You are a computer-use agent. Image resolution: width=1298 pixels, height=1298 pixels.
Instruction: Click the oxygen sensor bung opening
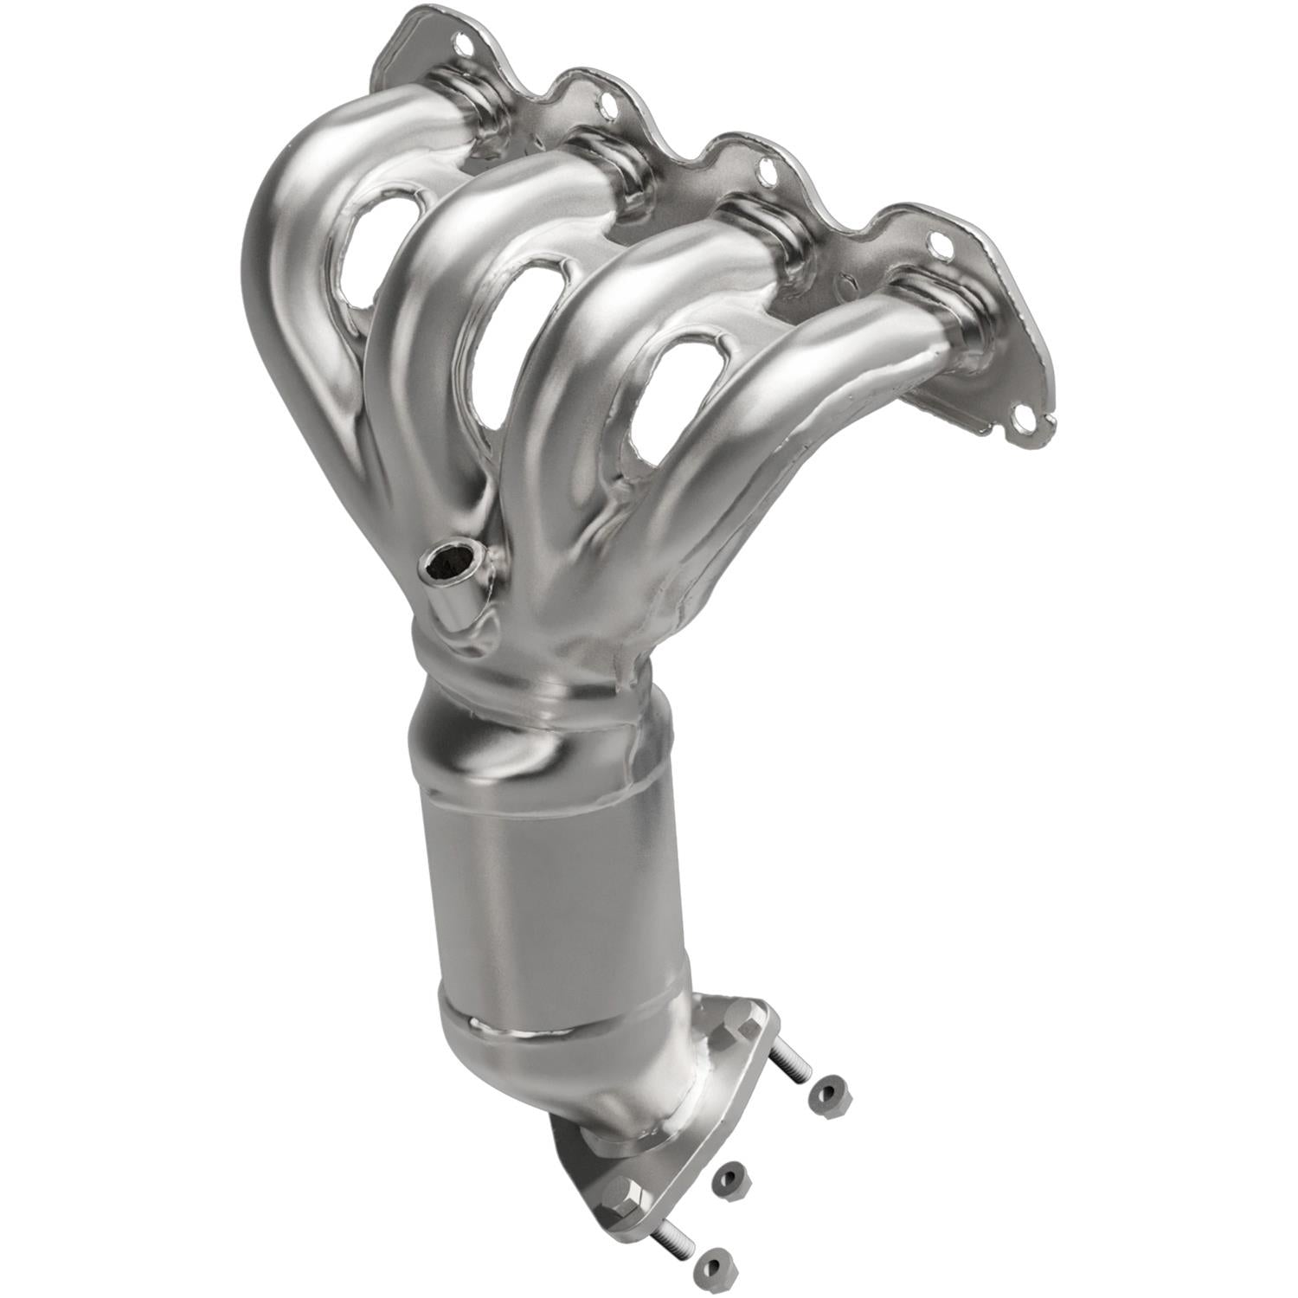(449, 565)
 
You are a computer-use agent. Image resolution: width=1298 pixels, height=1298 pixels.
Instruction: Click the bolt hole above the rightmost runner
(941, 247)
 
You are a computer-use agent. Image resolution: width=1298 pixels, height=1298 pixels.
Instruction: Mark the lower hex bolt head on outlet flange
(627, 1196)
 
